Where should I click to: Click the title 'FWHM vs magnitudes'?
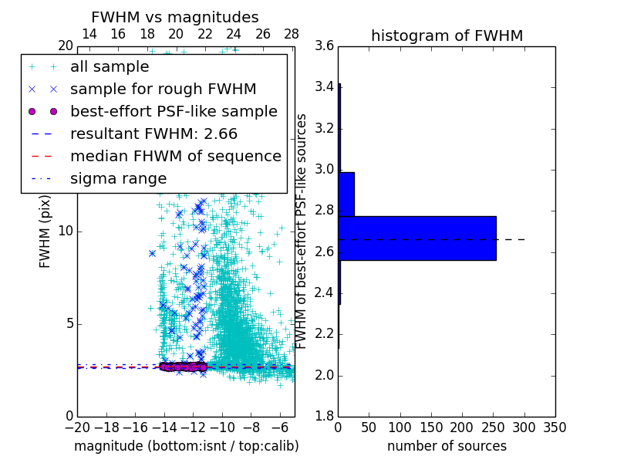(175, 17)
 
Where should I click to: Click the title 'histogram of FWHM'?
(447, 35)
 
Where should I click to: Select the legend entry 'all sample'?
(110, 67)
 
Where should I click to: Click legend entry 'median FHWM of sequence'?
(175, 156)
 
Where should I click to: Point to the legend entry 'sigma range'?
(118, 178)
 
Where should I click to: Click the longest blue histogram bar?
(416, 238)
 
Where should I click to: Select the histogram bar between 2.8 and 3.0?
(346, 194)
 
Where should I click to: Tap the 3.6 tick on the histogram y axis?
(324, 46)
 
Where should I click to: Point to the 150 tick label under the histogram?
(431, 428)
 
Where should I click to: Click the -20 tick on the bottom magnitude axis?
(77, 428)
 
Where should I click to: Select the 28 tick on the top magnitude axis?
(292, 34)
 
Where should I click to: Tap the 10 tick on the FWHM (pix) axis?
(66, 231)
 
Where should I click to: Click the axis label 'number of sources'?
(447, 446)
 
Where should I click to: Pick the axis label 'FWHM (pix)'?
(45, 231)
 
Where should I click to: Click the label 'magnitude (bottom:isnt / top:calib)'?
(186, 446)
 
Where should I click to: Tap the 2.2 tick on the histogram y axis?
(324, 334)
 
